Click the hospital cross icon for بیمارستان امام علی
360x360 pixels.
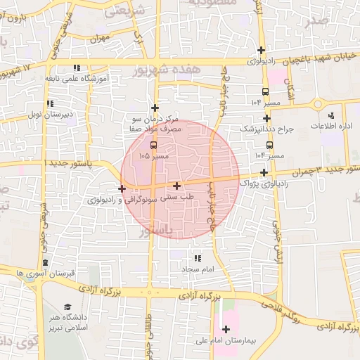[x=226, y=329]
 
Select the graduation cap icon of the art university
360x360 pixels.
[x=67, y=307]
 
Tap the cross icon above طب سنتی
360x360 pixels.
[x=176, y=186]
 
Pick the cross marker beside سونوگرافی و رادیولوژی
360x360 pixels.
[x=122, y=188]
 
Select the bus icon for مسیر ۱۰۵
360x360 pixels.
[x=154, y=146]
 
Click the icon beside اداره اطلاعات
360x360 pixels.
[x=330, y=115]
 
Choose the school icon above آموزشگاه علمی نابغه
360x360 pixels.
[x=76, y=67]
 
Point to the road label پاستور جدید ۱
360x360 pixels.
[x=67, y=162]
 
